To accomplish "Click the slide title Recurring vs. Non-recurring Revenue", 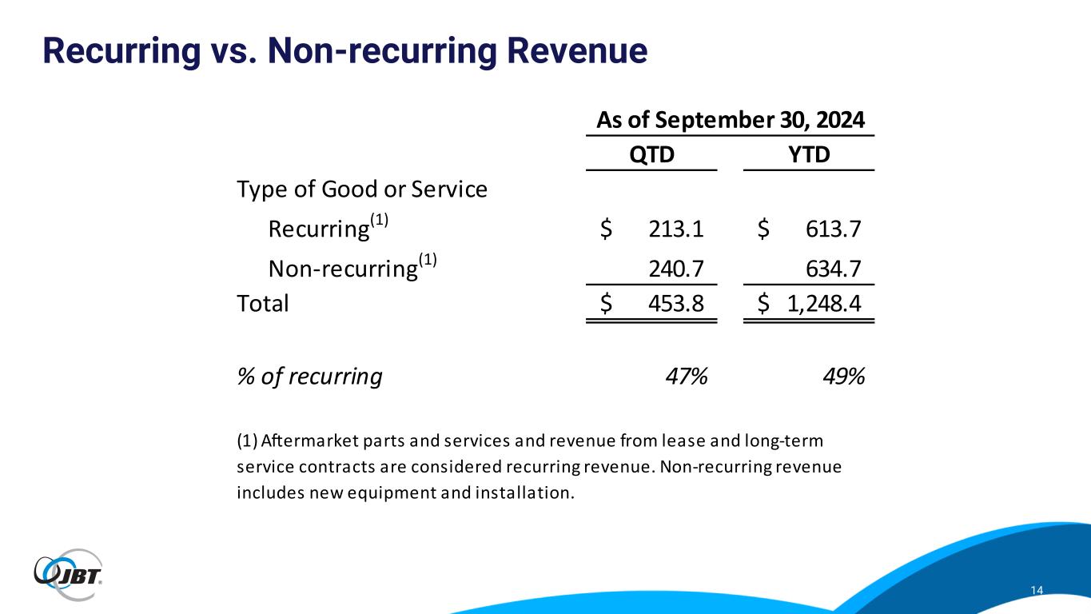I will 344,51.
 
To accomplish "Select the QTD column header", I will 651,154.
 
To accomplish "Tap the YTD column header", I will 809,154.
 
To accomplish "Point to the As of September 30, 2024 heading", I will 731,121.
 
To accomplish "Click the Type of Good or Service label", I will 362,190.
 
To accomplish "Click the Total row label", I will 263,304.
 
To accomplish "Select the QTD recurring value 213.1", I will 676,229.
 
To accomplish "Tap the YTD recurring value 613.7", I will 834,229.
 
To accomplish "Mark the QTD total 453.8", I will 676,304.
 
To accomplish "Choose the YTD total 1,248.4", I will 826,304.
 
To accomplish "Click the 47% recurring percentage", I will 687,377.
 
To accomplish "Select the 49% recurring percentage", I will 844,377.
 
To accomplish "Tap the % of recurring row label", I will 309,377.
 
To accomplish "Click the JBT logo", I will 68,574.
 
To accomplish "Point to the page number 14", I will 1037,590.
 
